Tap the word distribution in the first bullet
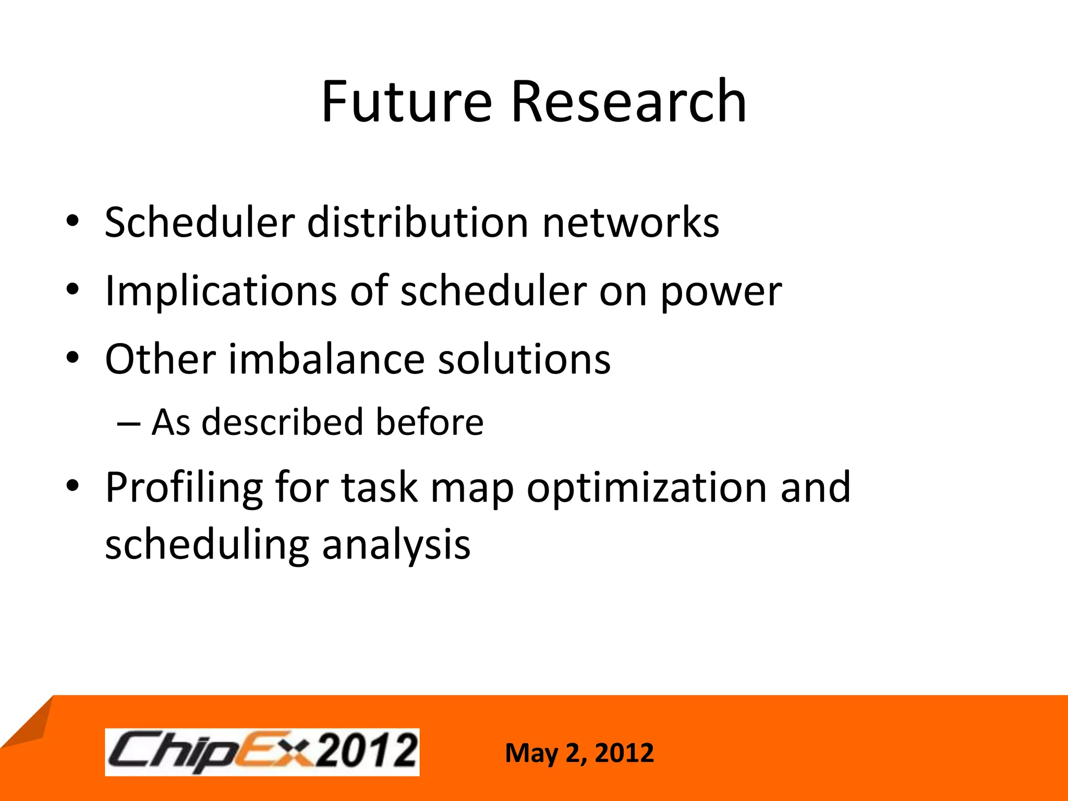tap(418, 223)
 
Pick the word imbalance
tap(326, 359)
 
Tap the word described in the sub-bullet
tap(282, 422)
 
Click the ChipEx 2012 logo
tap(262, 752)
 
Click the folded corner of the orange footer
tap(29, 722)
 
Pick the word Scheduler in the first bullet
tap(200, 223)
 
